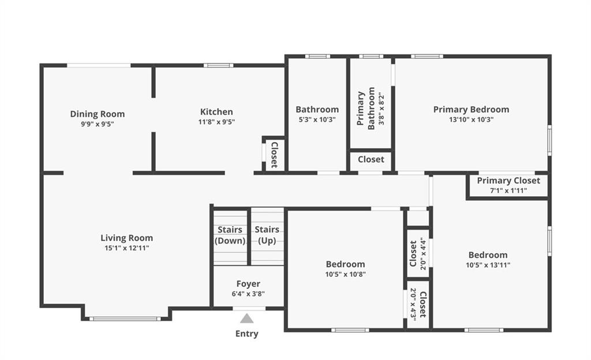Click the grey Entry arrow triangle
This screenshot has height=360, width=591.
click(247, 318)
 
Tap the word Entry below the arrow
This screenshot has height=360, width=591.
click(247, 333)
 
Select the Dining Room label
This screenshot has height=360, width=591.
click(97, 114)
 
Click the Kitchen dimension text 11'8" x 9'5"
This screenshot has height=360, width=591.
click(217, 122)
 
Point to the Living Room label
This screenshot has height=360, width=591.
click(126, 238)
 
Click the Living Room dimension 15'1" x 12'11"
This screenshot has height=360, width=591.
click(126, 248)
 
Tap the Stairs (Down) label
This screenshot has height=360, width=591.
click(230, 235)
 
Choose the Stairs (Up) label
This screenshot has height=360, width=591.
click(267, 235)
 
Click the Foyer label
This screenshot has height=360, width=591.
click(248, 284)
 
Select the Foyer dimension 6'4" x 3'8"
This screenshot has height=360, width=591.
click(248, 294)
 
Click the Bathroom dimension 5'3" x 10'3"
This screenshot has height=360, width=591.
click(317, 120)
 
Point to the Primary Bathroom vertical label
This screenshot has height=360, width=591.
click(365, 108)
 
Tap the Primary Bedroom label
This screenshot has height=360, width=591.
click(471, 110)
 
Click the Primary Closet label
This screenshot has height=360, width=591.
click(508, 181)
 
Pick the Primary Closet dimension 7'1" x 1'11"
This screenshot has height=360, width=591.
click(508, 190)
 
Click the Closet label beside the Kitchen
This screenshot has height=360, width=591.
click(274, 155)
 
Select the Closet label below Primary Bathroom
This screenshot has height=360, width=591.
click(371, 159)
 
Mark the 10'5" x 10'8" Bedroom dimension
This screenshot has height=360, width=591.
click(345, 275)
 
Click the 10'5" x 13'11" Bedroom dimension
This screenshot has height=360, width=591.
click(488, 265)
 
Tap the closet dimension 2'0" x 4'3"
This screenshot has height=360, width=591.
click(413, 304)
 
